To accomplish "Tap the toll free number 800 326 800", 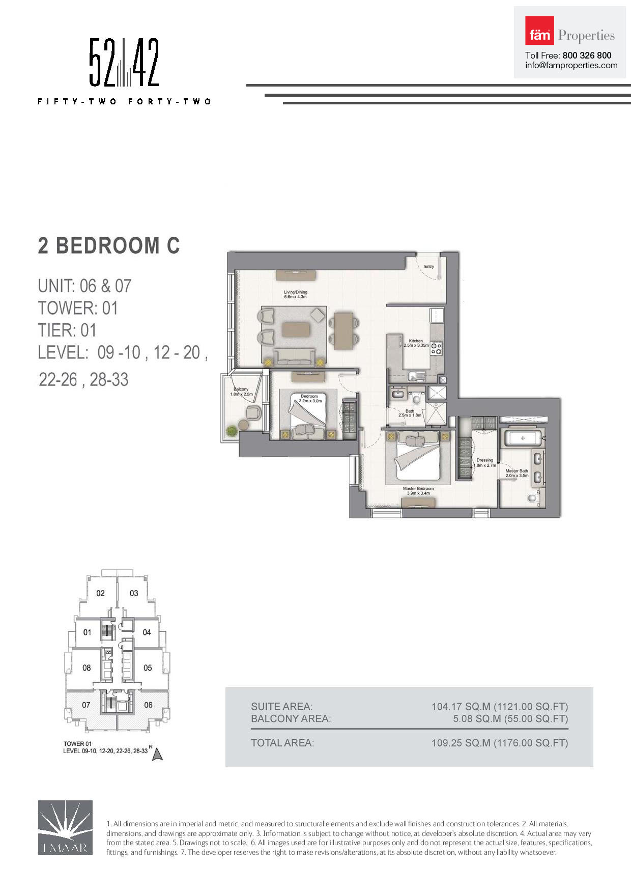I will point(587,55).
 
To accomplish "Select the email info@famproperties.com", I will point(571,65).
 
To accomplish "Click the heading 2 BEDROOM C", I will point(109,245).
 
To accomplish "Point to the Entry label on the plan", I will point(429,266).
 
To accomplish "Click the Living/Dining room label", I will point(295,294).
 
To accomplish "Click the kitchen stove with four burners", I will point(437,348).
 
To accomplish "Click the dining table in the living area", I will point(343,330).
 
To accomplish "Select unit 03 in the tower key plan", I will point(134,593).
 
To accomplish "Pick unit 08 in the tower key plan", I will point(87,667).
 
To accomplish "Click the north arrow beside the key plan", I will point(157,754).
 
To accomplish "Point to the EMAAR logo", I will point(65,827).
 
